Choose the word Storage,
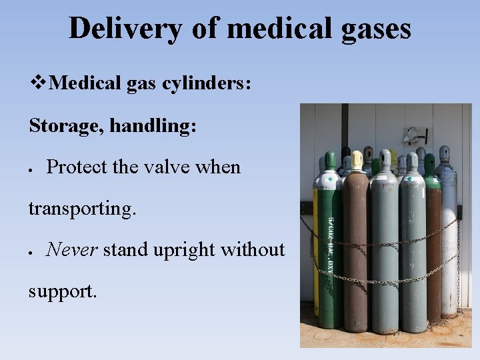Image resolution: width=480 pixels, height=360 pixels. [x=65, y=125]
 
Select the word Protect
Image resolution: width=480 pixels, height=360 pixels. [x=77, y=167]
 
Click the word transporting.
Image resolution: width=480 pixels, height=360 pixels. [x=82, y=208]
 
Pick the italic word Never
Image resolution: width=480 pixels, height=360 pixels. [x=71, y=249]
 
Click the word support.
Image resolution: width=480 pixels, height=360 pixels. [x=62, y=291]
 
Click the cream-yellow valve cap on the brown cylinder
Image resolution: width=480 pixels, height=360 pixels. [x=357, y=159]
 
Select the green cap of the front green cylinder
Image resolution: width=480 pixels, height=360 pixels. [x=330, y=161]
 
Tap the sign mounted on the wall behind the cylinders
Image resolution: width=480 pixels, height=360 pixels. [x=414, y=135]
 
